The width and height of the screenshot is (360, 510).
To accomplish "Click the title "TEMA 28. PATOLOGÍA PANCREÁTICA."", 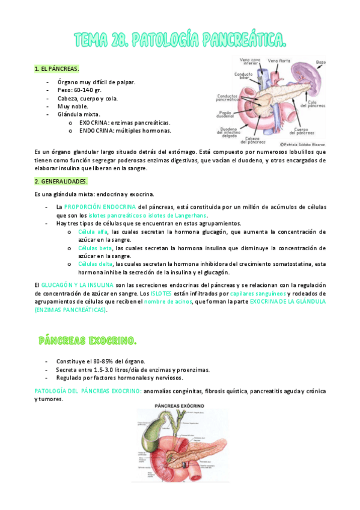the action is tap(180, 40).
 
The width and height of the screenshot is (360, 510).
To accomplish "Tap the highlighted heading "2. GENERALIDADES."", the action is tap(61, 181).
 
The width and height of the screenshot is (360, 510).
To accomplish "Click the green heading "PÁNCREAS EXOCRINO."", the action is tap(87, 341).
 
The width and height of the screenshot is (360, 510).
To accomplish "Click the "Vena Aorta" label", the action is tap(279, 61).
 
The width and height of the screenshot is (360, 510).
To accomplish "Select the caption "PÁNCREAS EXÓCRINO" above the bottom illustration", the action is tap(180, 407).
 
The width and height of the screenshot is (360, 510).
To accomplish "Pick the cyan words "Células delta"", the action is tap(96, 263).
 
